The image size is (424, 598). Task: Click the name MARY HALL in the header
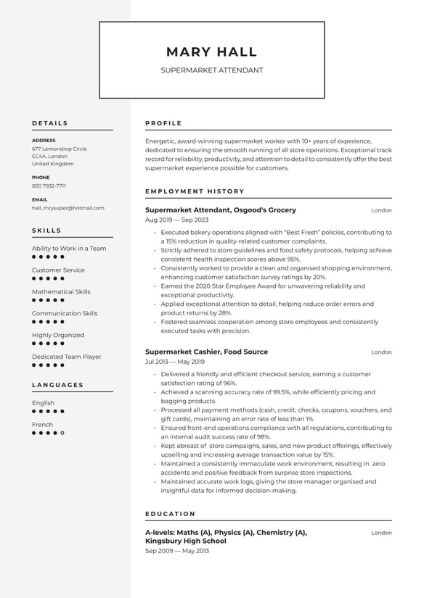point(211,52)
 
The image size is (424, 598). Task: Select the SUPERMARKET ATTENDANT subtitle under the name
point(211,71)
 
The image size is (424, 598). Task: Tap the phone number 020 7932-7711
point(49,186)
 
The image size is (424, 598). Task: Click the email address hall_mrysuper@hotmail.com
point(68,208)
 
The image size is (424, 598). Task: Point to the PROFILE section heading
point(163,123)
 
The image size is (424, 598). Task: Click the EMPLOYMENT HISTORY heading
point(195,191)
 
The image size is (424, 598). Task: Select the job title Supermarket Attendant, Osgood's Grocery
point(221,210)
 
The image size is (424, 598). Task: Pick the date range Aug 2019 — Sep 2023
point(176,220)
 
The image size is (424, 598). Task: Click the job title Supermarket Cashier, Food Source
point(206,352)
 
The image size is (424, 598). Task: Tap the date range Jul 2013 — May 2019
point(175,362)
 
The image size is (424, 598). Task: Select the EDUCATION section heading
point(170,514)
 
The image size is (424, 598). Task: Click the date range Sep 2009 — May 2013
point(176,551)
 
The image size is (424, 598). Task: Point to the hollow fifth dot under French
point(62,433)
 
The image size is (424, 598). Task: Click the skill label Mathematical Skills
point(61,292)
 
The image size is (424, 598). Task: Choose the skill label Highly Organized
point(58,336)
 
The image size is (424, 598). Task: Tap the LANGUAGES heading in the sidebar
point(57,385)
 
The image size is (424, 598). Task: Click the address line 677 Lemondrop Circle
point(59,149)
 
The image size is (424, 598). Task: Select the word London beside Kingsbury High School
point(381,533)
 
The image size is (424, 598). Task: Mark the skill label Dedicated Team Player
point(66,357)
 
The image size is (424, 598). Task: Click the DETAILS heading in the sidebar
point(49,123)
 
